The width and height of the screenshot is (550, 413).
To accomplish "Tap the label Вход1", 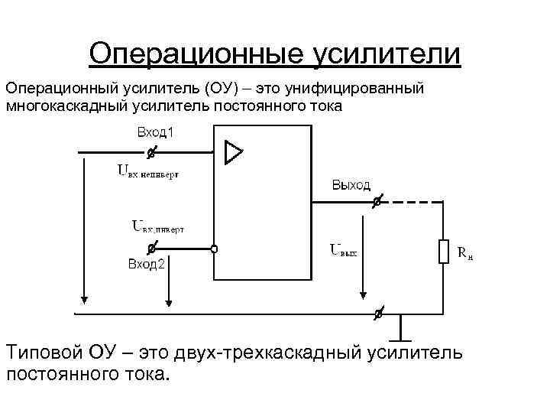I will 157,132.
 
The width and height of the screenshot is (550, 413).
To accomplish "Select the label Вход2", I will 146,265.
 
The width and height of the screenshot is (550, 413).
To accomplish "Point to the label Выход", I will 351,185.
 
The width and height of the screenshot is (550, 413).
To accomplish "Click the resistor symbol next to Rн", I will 443,251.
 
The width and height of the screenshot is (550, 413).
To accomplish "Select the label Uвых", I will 343,249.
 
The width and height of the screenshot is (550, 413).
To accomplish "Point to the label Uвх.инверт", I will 158,227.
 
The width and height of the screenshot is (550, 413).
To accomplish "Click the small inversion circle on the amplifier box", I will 215,249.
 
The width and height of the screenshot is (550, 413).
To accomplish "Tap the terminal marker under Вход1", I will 151,153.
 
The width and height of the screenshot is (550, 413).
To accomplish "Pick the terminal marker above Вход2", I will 151,249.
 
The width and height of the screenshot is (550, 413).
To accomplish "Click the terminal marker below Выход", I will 376,203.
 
